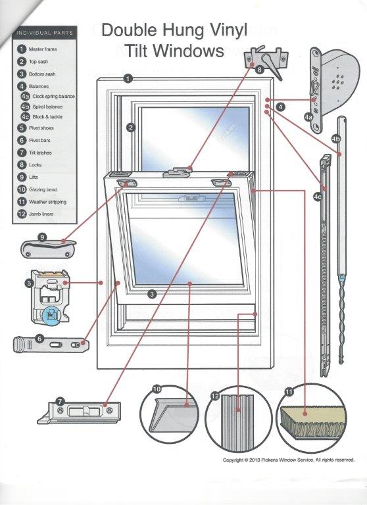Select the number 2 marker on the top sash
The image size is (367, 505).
pyautogui.click(x=131, y=127)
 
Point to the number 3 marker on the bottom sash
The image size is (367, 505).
pyautogui.click(x=152, y=294)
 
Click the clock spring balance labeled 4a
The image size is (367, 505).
pyautogui.click(x=337, y=86)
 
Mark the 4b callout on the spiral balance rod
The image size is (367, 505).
pyautogui.click(x=336, y=139)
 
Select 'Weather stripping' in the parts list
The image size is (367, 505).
pyautogui.click(x=47, y=202)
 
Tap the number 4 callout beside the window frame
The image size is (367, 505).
pyautogui.click(x=281, y=106)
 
